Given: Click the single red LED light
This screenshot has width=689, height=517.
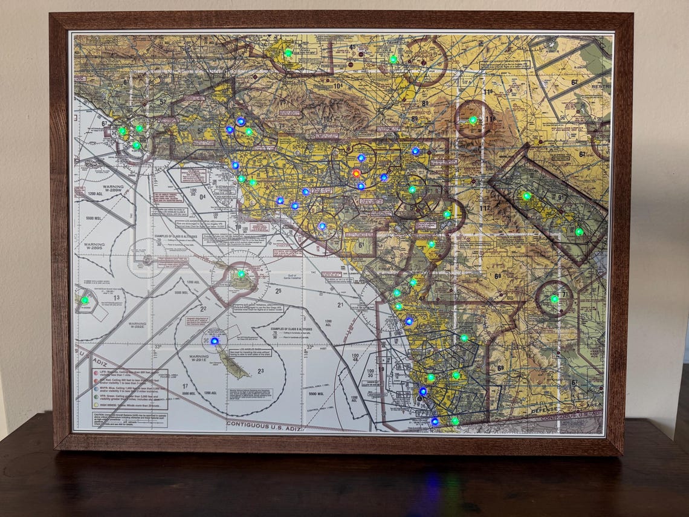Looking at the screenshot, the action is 356,173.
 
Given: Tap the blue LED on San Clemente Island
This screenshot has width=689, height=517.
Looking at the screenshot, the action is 214,341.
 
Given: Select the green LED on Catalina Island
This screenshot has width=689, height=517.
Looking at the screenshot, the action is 241,274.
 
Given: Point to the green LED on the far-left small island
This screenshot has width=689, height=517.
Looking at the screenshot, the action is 85,300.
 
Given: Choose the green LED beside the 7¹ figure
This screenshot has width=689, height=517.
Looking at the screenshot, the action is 554,299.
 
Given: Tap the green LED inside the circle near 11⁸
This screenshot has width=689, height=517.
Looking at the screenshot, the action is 473,120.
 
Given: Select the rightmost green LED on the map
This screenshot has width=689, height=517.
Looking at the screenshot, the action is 578,232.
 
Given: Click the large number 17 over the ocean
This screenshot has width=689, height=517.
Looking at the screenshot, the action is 186,386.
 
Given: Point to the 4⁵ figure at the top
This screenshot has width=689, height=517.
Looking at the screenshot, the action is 352,47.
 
